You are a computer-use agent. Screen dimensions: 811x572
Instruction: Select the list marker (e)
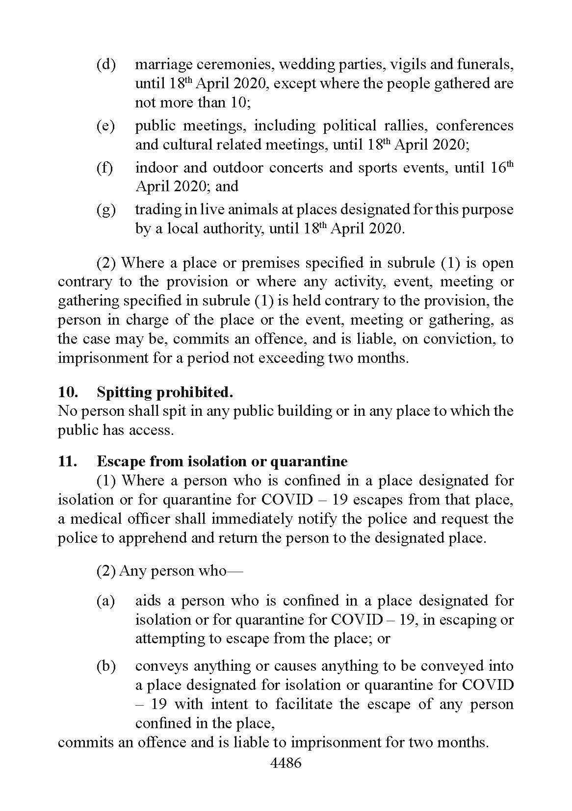[x=105, y=126]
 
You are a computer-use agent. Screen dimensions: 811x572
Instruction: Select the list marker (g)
[x=105, y=210]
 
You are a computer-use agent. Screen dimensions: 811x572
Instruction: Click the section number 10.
[x=68, y=392]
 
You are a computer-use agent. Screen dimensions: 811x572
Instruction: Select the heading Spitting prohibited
[x=164, y=392]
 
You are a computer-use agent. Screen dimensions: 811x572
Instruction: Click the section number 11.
[x=68, y=461]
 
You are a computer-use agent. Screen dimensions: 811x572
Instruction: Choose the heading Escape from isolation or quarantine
[x=222, y=461]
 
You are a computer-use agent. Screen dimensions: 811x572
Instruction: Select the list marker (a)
[x=105, y=601]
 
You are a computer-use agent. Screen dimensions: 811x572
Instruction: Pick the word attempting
[x=169, y=638]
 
